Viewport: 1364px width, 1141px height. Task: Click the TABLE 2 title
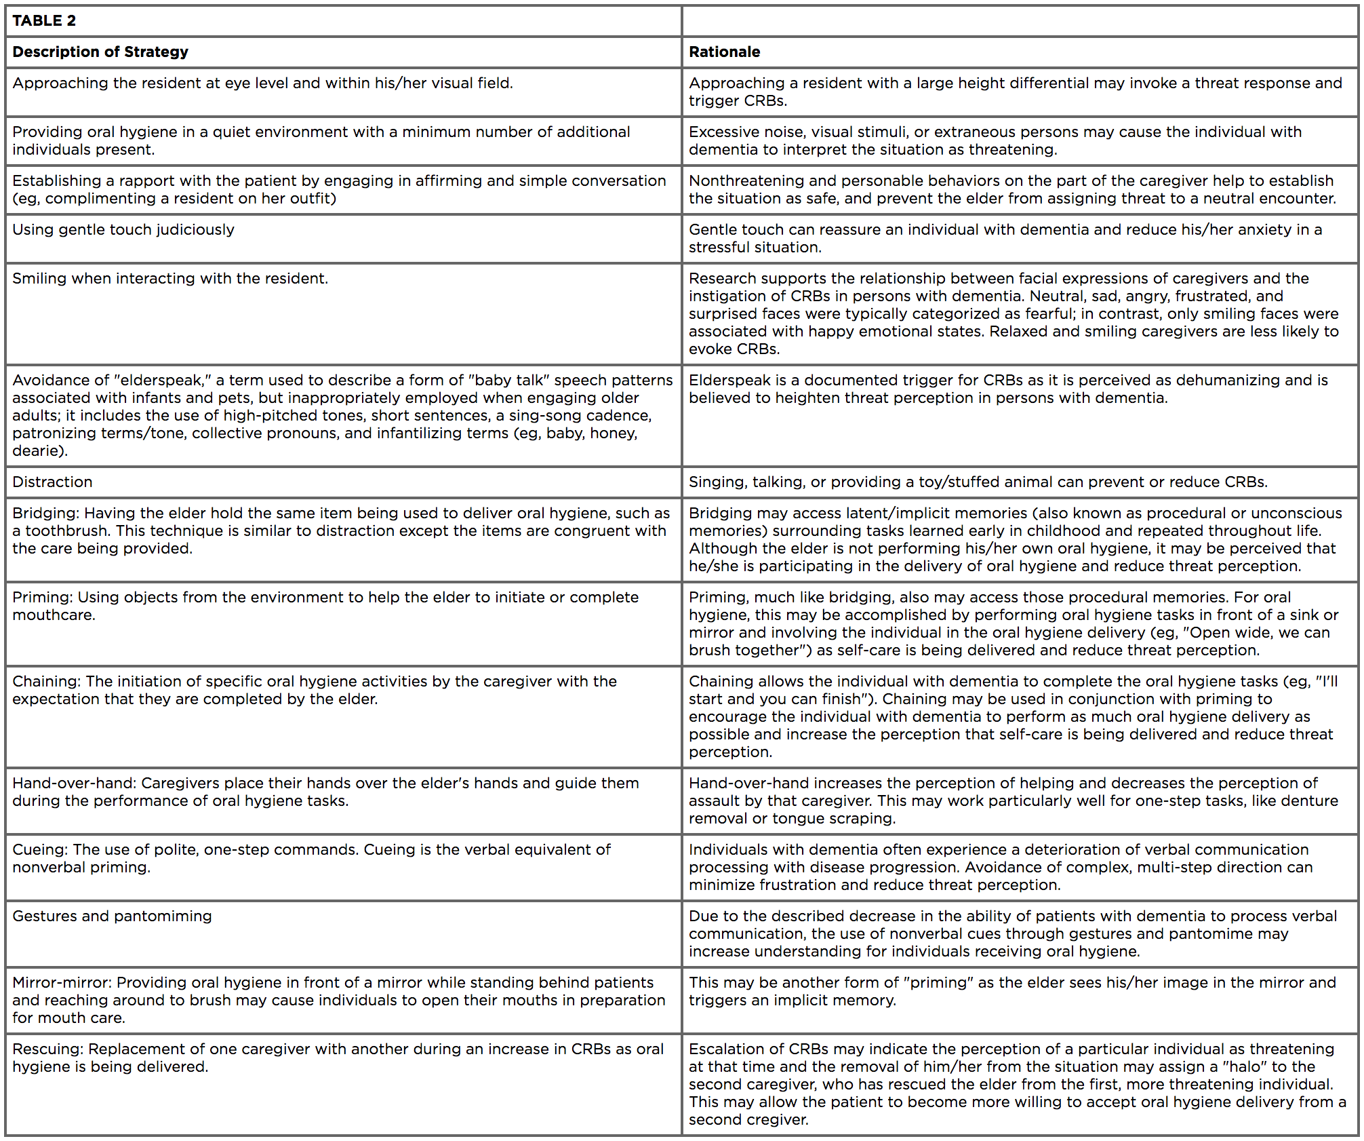click(x=44, y=20)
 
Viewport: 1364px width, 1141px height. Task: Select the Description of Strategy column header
click(x=100, y=52)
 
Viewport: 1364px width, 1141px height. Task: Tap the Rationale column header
click(x=724, y=52)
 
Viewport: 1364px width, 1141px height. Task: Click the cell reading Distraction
click(x=52, y=482)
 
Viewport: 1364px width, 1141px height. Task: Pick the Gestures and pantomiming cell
click(x=112, y=916)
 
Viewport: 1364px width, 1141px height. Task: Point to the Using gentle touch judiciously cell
click(x=123, y=229)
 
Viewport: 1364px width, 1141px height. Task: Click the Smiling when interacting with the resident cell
click(x=170, y=278)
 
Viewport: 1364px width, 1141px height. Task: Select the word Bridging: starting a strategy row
click(x=45, y=513)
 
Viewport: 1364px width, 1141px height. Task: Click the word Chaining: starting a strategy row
click(x=46, y=681)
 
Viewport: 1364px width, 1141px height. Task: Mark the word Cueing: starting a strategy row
click(x=40, y=849)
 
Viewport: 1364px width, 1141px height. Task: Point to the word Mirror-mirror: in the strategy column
click(x=62, y=982)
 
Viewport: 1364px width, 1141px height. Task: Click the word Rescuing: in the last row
click(x=47, y=1049)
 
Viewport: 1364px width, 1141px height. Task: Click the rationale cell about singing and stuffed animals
click(x=978, y=482)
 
